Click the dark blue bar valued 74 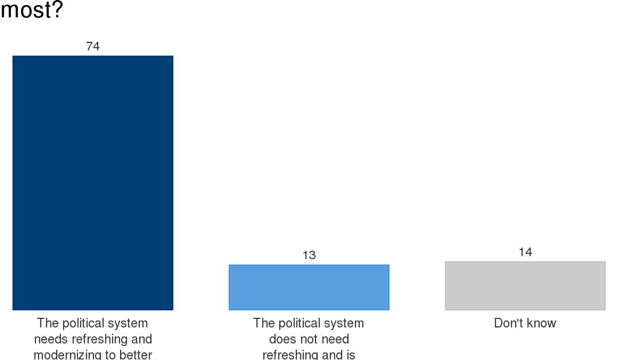coord(93,183)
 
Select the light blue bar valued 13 coord(309,287)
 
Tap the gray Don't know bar coord(525,286)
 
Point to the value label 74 coord(93,46)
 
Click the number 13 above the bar coord(309,255)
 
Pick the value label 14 coord(525,252)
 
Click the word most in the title coord(26,10)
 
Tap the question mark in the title coord(57,10)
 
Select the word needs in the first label coord(50,339)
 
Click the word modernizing coord(68,355)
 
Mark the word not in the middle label coord(307,339)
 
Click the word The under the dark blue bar coord(48,323)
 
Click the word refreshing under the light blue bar coord(295,355)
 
